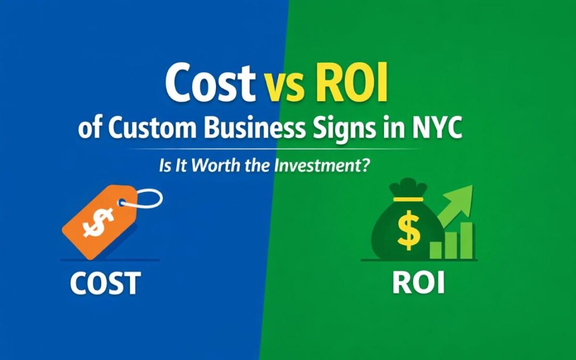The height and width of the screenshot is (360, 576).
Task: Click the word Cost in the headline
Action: (209, 84)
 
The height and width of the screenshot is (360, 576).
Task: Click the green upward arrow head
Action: (463, 195)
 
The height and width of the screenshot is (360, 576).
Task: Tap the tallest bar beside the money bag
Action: (467, 241)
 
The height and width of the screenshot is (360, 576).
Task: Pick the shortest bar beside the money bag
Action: (436, 250)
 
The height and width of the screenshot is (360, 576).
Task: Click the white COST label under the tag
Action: (105, 283)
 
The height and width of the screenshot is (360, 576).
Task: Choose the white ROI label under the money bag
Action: (418, 283)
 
